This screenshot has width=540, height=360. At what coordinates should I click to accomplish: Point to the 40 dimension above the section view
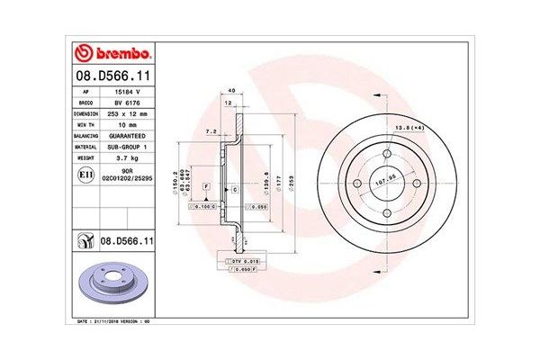(231, 91)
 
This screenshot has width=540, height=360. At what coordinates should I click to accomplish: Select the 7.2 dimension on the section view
(211, 130)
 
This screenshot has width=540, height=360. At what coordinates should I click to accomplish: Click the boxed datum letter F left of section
(206, 184)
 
